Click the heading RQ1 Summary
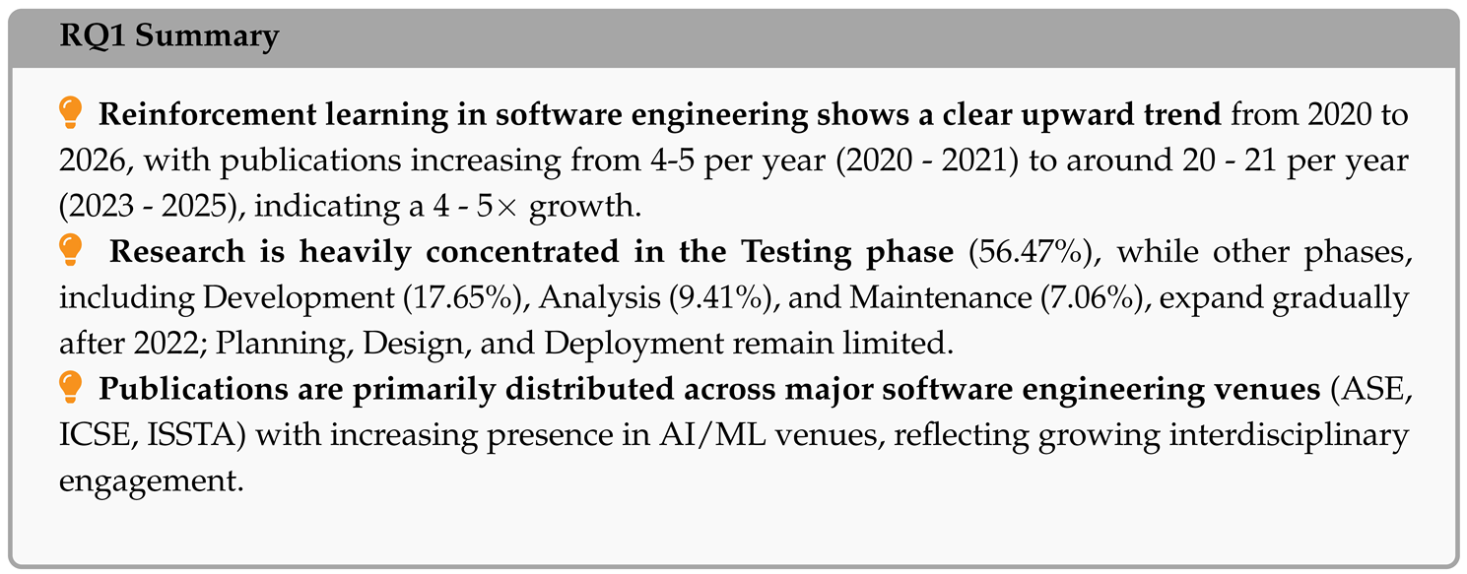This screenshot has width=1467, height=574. click(169, 36)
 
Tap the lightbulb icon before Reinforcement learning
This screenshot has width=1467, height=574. click(70, 112)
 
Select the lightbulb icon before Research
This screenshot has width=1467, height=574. click(70, 250)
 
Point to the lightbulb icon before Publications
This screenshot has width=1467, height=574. click(70, 388)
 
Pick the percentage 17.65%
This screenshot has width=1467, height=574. click(466, 297)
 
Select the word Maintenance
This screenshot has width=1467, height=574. click(941, 297)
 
